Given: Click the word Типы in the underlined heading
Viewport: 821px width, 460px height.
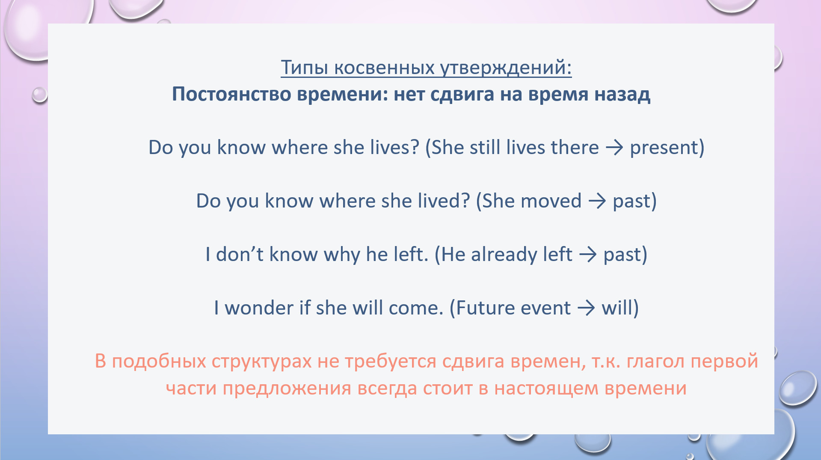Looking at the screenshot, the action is tap(305, 68).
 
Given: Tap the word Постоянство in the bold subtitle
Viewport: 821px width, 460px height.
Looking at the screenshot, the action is tap(232, 94).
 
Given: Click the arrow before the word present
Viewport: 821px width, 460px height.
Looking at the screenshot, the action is tap(614, 148).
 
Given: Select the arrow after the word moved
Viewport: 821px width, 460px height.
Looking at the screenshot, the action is tap(597, 202).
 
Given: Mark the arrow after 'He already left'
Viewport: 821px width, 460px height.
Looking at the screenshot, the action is tap(588, 255).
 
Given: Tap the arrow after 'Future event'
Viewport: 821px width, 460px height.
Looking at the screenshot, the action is tap(586, 309).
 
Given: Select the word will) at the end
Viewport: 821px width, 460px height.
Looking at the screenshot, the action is tap(620, 308).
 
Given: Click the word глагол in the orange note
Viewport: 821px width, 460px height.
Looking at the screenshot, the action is tap(656, 362).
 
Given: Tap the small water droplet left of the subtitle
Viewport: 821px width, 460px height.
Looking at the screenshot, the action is tap(39, 95).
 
